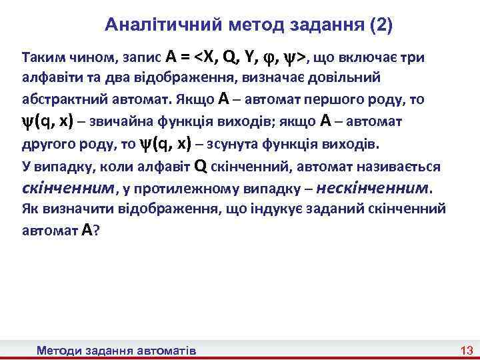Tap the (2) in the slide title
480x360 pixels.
(x=380, y=26)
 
